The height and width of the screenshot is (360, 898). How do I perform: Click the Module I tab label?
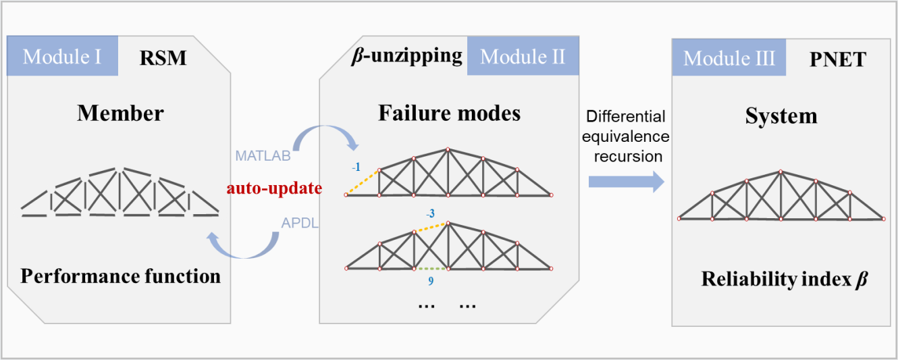coord(62,56)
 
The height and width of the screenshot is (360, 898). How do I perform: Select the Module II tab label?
coord(523,56)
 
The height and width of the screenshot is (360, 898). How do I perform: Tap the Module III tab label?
coord(729,59)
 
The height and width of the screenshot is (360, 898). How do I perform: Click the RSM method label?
coord(163,58)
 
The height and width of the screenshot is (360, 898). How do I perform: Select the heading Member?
coord(120,113)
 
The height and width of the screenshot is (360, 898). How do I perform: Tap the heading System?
coord(781,115)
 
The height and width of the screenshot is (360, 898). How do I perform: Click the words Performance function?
coord(120,276)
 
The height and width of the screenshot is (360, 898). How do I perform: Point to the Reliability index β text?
coord(783,278)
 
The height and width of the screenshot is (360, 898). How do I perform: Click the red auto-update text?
coord(273,188)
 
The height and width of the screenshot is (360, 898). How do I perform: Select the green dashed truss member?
coord(431,269)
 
